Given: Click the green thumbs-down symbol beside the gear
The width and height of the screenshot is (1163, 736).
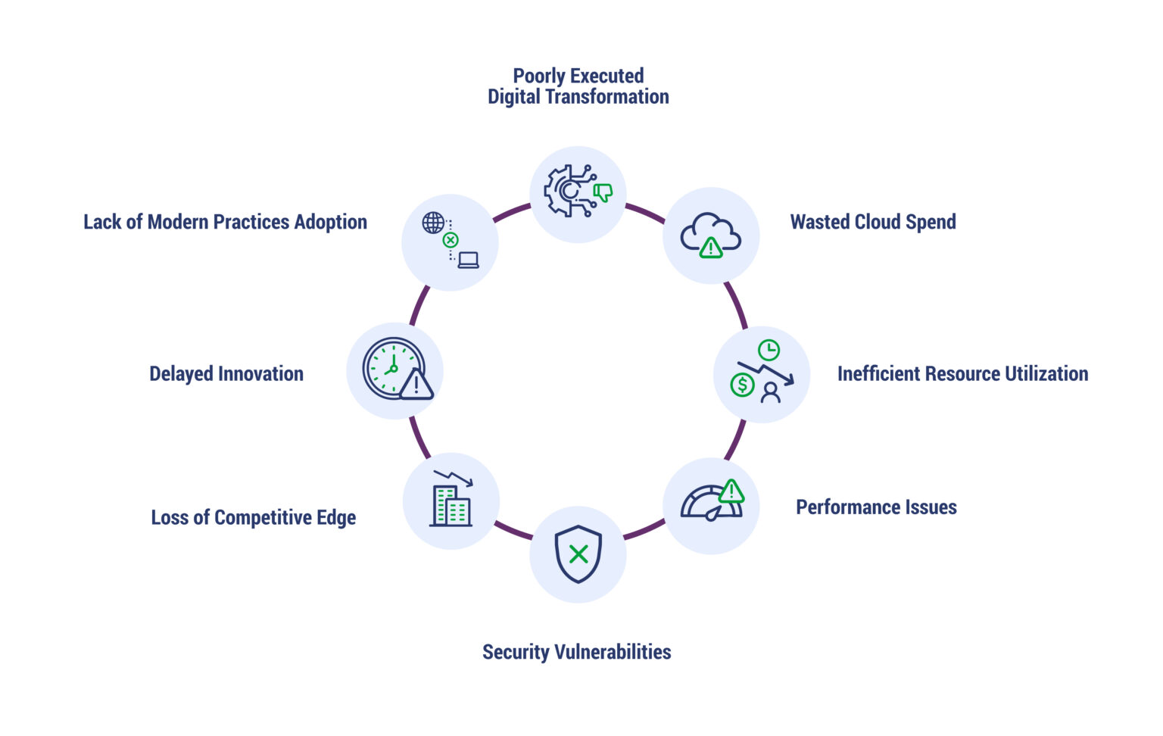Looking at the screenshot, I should click(603, 192).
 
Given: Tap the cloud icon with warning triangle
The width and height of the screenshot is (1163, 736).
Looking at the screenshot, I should click(710, 235).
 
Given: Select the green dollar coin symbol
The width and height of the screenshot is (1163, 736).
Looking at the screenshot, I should click(742, 385).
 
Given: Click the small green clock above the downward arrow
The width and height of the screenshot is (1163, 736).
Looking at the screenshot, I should click(769, 350).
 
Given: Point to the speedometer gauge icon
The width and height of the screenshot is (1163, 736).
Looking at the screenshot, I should click(710, 504).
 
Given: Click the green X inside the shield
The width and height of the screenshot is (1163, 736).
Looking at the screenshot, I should click(578, 554).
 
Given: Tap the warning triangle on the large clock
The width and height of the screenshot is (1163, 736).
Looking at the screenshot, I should click(416, 384).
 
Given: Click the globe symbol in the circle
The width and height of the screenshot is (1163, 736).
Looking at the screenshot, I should click(433, 223).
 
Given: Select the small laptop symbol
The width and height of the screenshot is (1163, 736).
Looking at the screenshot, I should click(469, 260).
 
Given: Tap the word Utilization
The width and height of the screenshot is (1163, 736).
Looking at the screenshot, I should click(1046, 373).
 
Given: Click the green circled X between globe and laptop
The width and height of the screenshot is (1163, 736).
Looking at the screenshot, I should click(451, 240).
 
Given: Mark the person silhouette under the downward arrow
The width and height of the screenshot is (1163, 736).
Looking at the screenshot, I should click(771, 392).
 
